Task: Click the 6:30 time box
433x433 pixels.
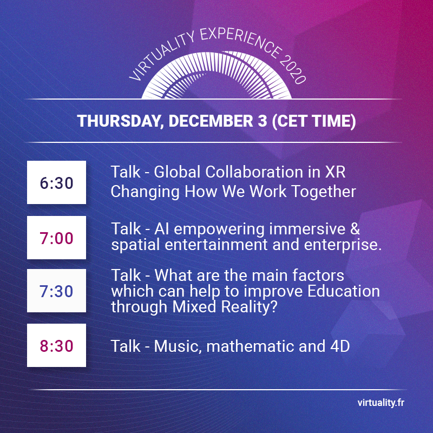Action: pos(56,182)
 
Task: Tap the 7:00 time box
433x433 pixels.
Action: pos(56,238)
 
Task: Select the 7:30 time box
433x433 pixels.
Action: pos(56,291)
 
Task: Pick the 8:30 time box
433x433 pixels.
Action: pos(56,345)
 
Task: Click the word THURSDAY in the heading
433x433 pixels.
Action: pos(118,121)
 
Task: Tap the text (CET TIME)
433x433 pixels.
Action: pos(313,121)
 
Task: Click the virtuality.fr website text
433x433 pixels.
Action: pos(381,403)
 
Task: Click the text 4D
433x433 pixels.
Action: pos(339,346)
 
